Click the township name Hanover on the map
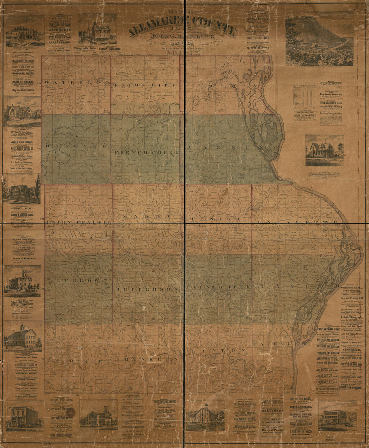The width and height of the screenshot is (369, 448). (76, 146)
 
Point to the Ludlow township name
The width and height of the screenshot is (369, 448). (78, 280)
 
